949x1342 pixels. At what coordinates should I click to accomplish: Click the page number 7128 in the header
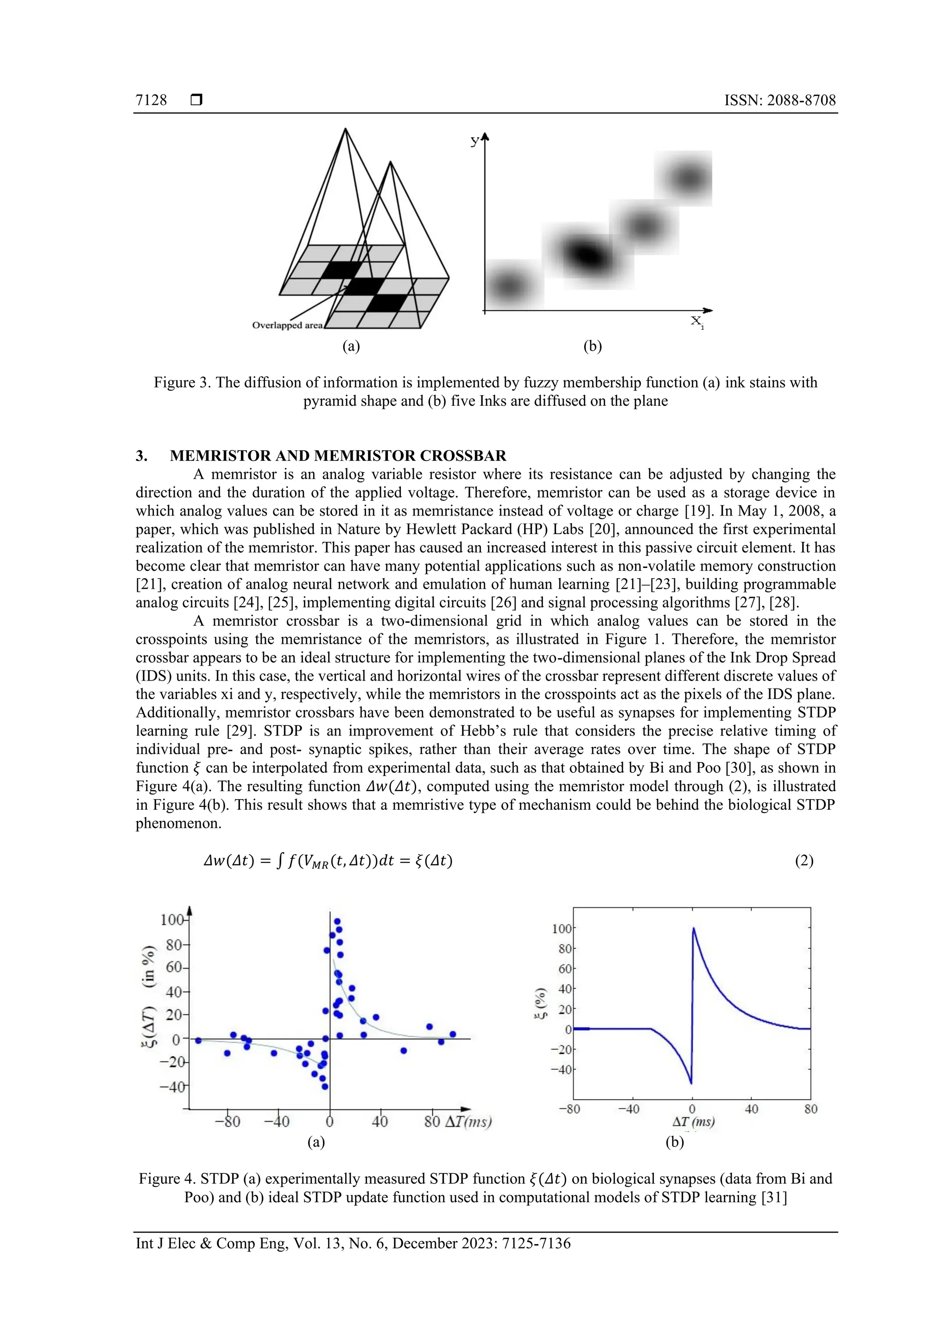point(151,100)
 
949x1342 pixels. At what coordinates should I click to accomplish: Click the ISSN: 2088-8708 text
point(779,100)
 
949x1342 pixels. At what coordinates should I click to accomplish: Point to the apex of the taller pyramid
point(346,129)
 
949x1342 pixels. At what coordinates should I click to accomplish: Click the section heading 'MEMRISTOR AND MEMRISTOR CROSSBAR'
point(338,455)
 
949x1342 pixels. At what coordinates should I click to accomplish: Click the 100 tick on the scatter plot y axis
point(172,920)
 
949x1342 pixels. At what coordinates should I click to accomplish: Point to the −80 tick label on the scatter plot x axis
point(227,1121)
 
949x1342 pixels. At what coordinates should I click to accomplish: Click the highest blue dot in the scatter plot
point(337,922)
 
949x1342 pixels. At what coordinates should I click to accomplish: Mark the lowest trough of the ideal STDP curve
point(691,1083)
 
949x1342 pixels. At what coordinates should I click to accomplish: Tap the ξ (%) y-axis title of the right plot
point(540,1003)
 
